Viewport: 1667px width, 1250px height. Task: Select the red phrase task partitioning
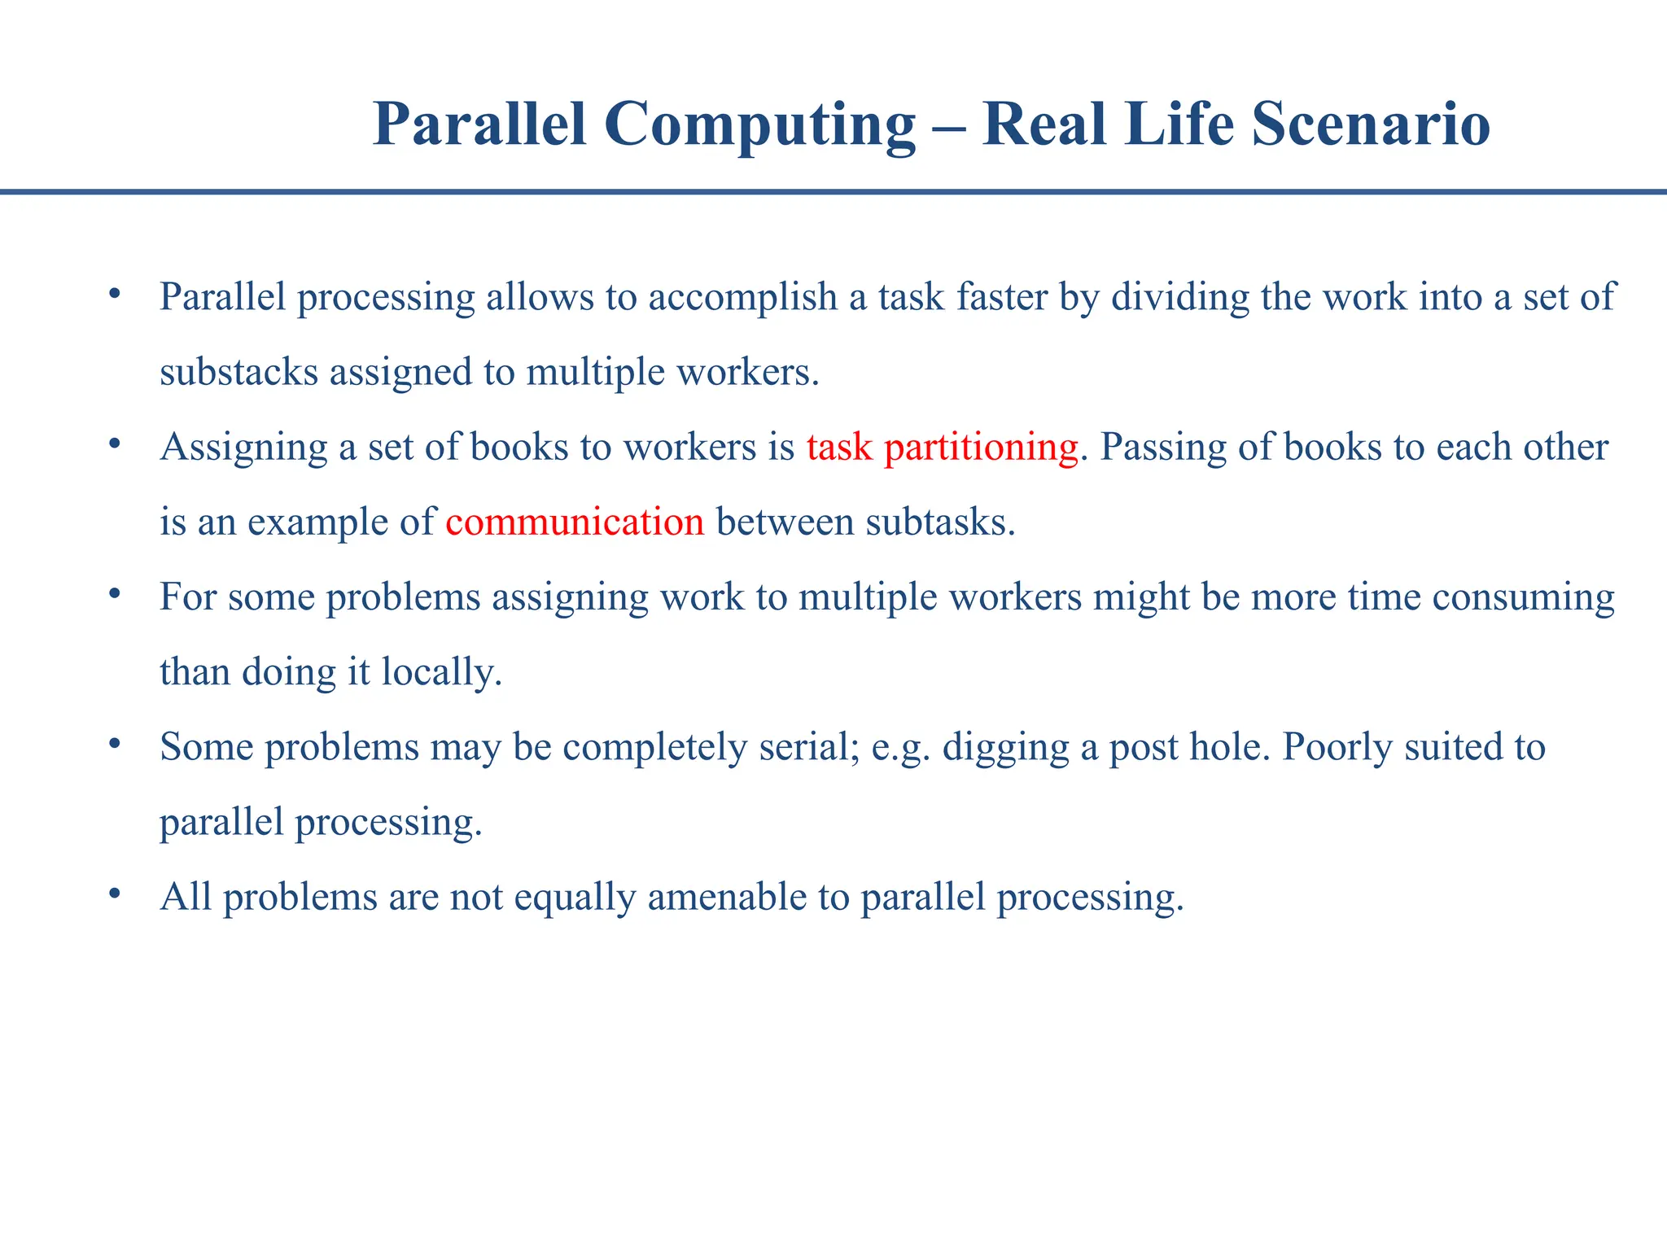click(x=942, y=447)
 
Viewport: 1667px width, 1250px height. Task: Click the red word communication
click(x=575, y=522)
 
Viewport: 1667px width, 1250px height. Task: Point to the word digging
click(x=1005, y=748)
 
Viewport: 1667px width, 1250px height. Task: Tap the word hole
click(x=1228, y=746)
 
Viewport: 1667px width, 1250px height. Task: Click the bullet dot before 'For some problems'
click(x=115, y=592)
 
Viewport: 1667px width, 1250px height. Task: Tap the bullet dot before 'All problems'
click(x=115, y=893)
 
